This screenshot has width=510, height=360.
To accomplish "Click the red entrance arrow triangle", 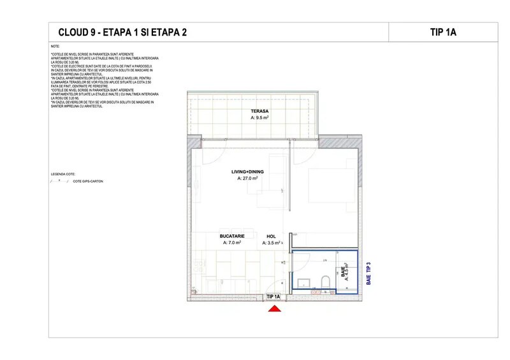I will tap(274, 309).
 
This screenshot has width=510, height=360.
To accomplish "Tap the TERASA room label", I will tap(259, 111).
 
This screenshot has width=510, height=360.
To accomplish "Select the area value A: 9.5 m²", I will tap(259, 118).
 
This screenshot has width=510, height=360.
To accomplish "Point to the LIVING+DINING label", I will tap(247, 172).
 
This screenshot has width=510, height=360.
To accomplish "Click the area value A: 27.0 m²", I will tap(247, 179).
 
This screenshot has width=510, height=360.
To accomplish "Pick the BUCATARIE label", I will tap(232, 236).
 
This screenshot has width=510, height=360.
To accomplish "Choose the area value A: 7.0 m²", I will tap(232, 243).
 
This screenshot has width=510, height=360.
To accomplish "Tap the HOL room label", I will tap(271, 236).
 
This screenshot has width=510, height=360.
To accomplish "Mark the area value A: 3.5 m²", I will tap(271, 243).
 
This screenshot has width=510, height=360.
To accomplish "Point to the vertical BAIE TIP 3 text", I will tap(368, 273).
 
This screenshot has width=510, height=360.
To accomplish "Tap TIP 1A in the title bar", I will tap(442, 32).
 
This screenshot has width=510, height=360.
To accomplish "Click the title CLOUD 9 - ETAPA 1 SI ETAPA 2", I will tap(122, 32).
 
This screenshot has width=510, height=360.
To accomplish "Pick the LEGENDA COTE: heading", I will tap(63, 173).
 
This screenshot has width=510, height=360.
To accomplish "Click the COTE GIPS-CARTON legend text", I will tap(88, 182).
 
